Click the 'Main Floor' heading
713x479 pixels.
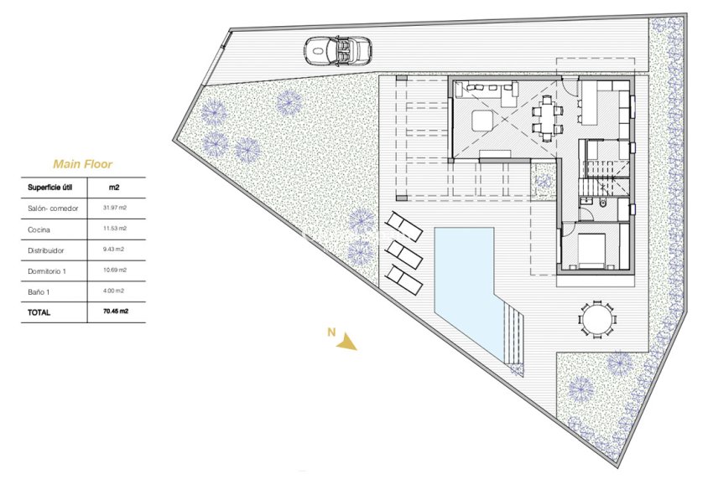(82, 164)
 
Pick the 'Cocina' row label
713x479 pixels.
(39, 229)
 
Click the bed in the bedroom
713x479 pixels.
(592, 249)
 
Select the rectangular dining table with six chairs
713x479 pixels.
(546, 116)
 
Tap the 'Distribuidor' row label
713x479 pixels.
(44, 250)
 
